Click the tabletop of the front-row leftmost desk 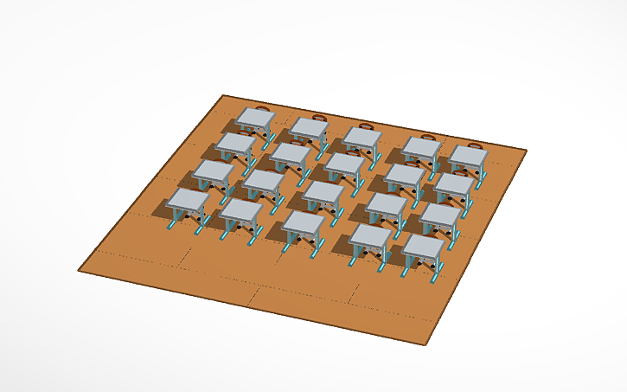coord(188,199)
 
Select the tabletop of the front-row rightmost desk coord(425,246)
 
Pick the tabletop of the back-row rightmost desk coord(467,156)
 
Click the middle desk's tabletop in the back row coord(361,136)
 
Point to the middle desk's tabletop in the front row coord(304,222)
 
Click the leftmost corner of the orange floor coord(79,271)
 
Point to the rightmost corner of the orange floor coord(526,151)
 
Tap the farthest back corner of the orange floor coord(224,94)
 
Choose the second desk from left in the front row coord(241,210)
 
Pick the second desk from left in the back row coord(309,127)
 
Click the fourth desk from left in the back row coord(421,147)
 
